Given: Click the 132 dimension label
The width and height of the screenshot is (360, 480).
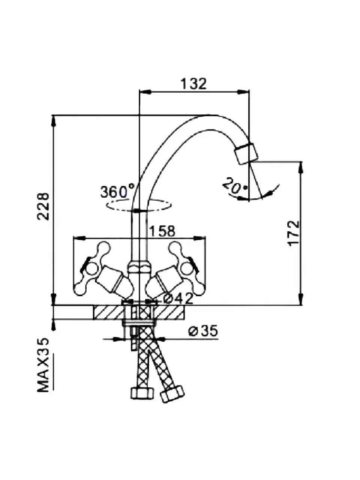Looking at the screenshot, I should click(x=193, y=84).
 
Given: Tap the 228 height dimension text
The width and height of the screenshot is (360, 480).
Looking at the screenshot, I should click(x=44, y=207).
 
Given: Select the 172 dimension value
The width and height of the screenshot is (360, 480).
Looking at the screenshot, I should click(x=294, y=233).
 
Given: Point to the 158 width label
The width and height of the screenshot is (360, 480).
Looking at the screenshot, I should click(x=162, y=231).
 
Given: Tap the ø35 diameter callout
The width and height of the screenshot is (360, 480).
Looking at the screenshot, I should click(x=203, y=331).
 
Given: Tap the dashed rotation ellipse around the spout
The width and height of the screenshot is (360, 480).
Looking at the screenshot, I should click(x=139, y=205).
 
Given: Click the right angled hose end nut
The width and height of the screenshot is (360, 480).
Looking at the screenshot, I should click(x=172, y=394).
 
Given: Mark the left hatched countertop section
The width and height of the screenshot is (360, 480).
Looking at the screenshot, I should click(x=108, y=312).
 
